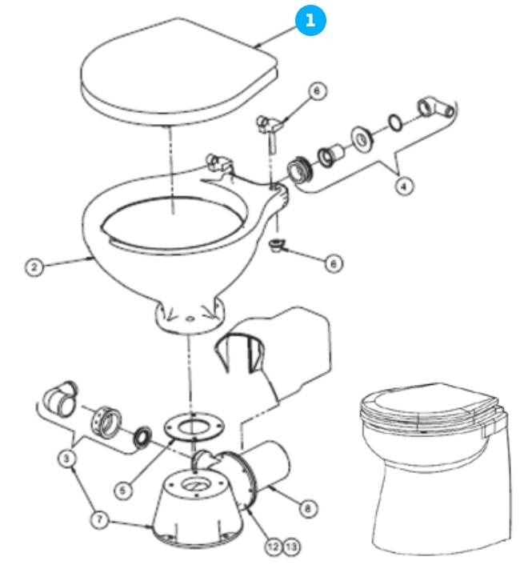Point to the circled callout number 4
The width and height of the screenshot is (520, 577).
tap(406, 185)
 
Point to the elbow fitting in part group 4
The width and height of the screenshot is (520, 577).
tap(435, 106)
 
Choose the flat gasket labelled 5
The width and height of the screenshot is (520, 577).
tap(189, 428)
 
